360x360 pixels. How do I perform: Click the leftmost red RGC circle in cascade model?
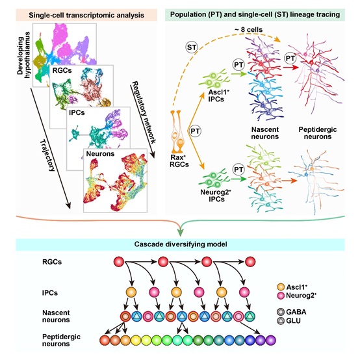point(119,262)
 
